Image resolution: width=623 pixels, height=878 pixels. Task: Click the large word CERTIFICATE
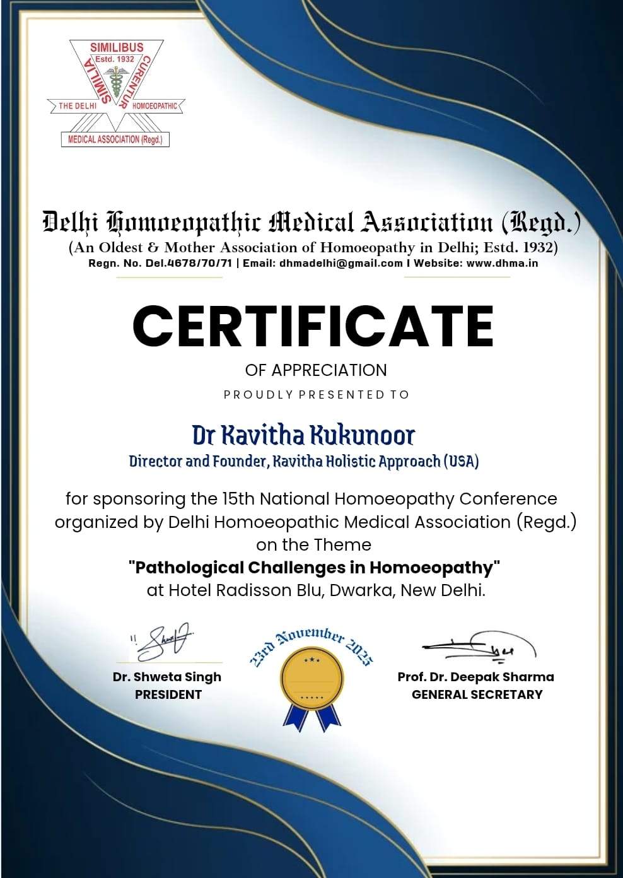point(313,325)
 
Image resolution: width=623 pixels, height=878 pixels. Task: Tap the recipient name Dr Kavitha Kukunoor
point(303,435)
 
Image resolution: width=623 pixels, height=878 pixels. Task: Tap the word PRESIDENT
point(168,694)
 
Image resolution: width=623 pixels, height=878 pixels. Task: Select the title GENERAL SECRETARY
point(477,694)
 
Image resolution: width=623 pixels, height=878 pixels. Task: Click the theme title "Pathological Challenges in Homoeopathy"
point(313,568)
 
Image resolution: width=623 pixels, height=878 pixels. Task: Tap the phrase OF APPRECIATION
point(315,370)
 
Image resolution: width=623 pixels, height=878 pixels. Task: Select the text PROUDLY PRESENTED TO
point(317,395)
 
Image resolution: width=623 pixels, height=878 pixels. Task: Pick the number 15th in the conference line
point(238,499)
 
